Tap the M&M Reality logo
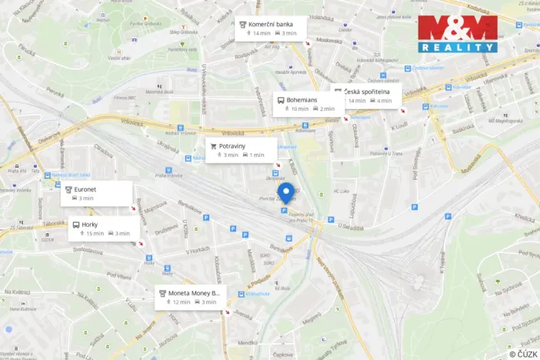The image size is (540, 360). click(x=458, y=34)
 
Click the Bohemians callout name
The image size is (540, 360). click(x=305, y=99)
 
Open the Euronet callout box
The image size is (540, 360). click(x=95, y=193)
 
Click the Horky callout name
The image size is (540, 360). click(x=89, y=224)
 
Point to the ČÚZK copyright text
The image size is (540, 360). click(x=522, y=354)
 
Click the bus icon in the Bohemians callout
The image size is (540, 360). click(x=280, y=99)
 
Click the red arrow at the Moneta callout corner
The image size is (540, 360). click(x=225, y=312)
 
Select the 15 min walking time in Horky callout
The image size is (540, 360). click(x=95, y=234)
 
